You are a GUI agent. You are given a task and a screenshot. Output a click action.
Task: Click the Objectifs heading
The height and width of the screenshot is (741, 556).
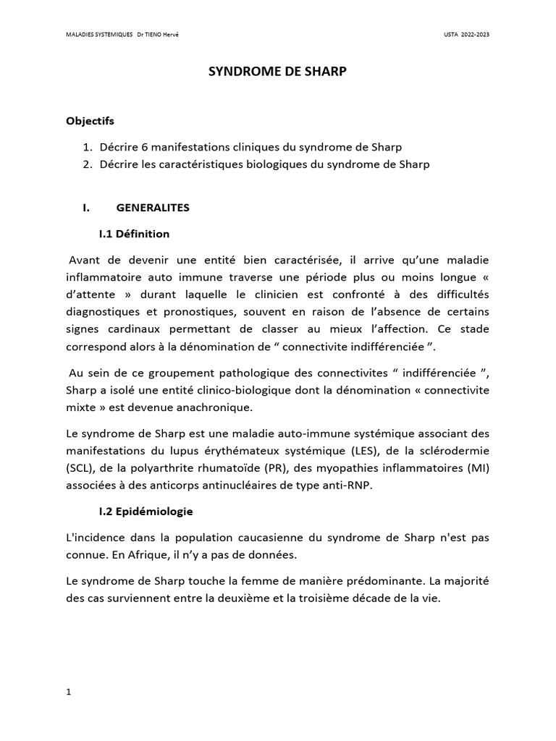pyautogui.click(x=90, y=121)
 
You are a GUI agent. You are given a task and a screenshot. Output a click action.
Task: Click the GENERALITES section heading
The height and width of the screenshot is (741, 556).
pyautogui.click(x=152, y=208)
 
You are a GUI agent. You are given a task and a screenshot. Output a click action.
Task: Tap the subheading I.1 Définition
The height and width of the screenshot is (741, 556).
pyautogui.click(x=134, y=234)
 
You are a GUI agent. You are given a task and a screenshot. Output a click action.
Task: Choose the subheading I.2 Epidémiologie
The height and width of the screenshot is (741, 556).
pyautogui.click(x=146, y=512)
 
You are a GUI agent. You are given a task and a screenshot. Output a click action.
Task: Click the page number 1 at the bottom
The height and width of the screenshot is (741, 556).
pyautogui.click(x=69, y=692)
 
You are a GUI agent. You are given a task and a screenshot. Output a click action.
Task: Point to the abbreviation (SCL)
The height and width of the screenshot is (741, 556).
pyautogui.click(x=80, y=468)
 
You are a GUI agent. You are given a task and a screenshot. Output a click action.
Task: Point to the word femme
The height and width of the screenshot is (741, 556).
pyautogui.click(x=238, y=581)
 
